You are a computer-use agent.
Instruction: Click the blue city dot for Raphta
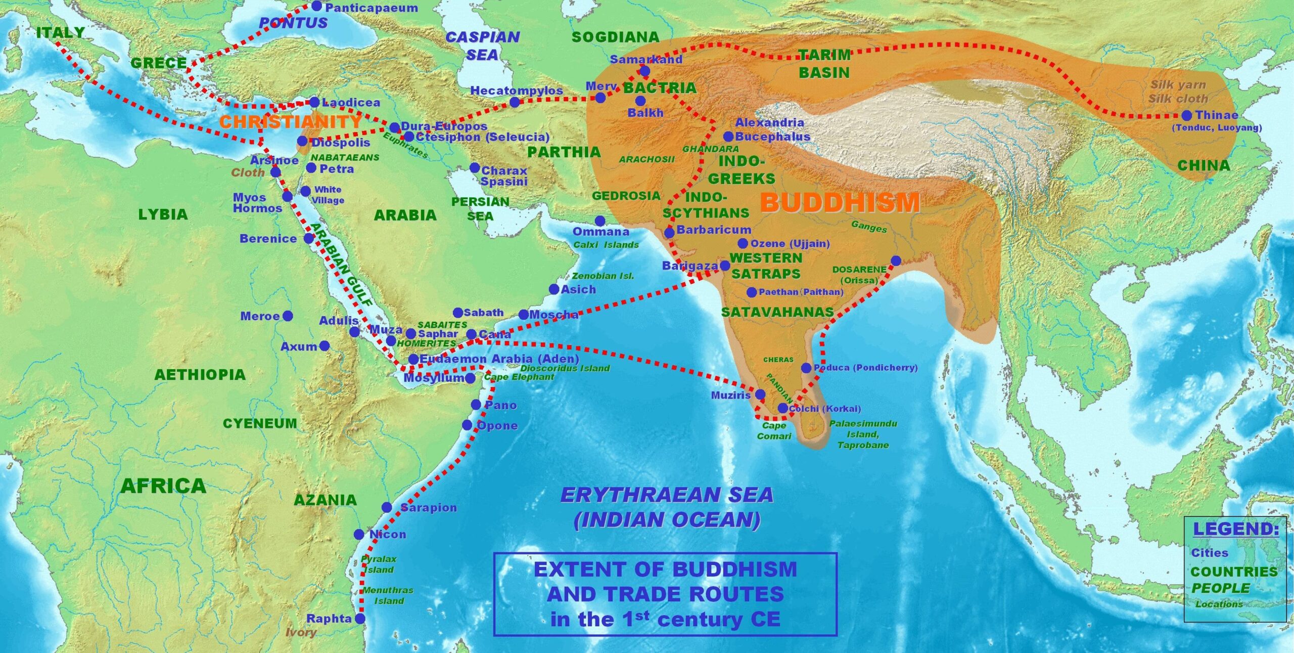tap(360, 618)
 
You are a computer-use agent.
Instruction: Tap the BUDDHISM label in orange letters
tap(840, 202)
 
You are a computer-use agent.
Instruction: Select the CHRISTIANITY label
tap(290, 122)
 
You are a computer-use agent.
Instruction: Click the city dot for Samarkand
tap(645, 70)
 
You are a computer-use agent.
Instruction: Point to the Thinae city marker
tap(1186, 115)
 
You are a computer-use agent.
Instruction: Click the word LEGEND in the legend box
tap(1235, 529)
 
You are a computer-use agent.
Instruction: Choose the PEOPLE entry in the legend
tap(1220, 588)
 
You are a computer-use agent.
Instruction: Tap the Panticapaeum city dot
tap(316, 6)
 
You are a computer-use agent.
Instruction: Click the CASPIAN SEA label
tap(482, 46)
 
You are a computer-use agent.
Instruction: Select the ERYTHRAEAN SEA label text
tap(667, 495)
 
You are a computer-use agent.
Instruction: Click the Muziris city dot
tap(760, 395)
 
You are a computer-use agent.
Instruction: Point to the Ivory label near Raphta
tap(301, 632)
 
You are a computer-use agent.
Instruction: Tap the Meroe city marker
tap(288, 316)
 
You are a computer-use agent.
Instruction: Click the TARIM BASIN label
tap(824, 64)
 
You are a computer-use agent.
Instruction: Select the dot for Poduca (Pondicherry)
tap(806, 368)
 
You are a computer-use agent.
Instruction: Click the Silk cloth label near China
tap(1178, 99)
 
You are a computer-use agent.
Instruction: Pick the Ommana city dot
tap(600, 221)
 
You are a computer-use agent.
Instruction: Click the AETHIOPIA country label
tap(200, 375)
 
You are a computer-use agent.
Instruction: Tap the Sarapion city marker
tap(387, 507)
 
